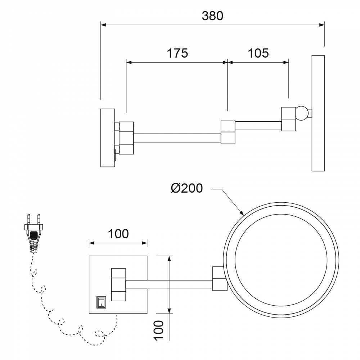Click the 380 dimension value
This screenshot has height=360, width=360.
click(x=212, y=16)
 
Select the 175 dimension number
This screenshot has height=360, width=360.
click(x=177, y=53)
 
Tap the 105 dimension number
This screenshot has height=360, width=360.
click(x=258, y=53)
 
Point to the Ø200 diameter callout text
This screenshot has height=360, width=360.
click(x=187, y=188)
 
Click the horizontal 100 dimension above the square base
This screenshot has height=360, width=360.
click(x=118, y=234)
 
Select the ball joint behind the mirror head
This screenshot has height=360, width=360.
click(x=302, y=114)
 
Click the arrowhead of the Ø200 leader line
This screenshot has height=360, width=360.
click(x=242, y=212)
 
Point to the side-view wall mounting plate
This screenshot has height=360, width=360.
click(x=108, y=138)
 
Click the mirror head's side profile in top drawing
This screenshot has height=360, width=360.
click(x=318, y=113)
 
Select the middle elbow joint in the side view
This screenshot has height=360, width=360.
click(x=228, y=132)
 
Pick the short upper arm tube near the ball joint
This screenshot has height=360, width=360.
click(x=258, y=125)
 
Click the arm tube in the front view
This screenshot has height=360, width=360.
click(x=169, y=284)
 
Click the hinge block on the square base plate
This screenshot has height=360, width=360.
click(x=119, y=284)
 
